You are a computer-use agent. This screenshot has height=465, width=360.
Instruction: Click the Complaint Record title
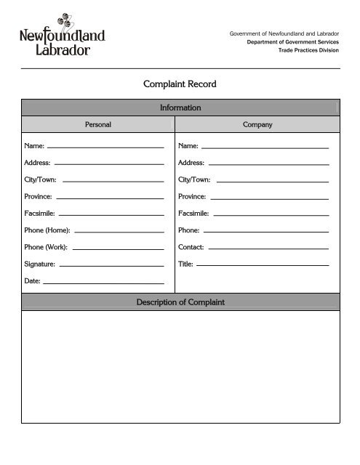pos(180,84)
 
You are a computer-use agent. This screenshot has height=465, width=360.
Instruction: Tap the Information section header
pos(180,108)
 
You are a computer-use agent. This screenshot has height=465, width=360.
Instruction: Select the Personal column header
pos(97,124)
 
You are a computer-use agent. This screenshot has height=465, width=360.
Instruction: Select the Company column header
pos(257,124)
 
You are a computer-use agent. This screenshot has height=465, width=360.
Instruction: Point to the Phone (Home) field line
pos(119,232)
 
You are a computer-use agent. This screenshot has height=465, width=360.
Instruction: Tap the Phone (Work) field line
pos(118,248)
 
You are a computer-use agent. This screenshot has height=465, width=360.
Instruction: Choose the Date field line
pos(104,282)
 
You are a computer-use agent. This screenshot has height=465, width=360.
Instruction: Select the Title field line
pos(262,265)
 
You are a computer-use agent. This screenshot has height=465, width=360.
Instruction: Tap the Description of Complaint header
pos(180,302)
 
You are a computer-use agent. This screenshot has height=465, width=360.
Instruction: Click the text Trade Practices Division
pos(309,49)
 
